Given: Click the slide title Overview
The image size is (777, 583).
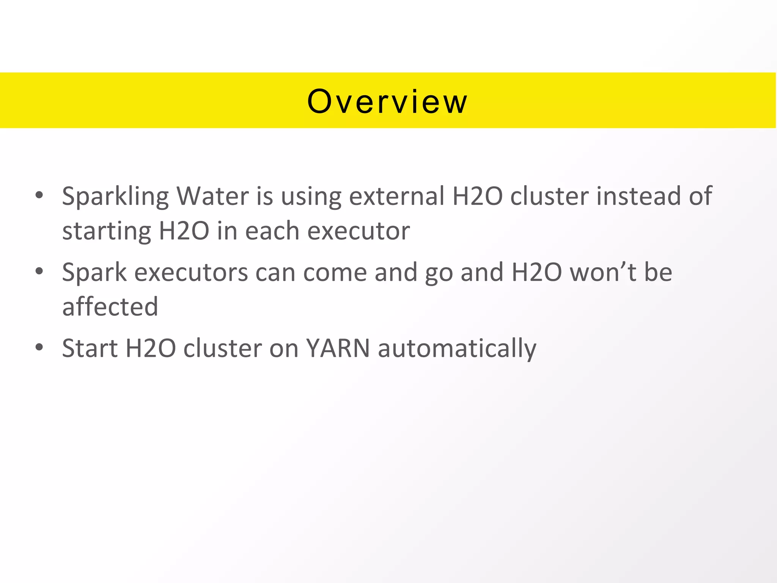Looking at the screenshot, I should (x=387, y=101).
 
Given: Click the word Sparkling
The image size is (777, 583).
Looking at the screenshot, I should (x=115, y=197).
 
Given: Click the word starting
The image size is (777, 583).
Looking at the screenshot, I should (x=107, y=232).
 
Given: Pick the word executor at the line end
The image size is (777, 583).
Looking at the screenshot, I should (x=359, y=231).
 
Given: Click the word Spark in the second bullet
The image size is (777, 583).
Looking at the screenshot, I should (x=94, y=273).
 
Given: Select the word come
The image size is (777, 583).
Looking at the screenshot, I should (x=335, y=273).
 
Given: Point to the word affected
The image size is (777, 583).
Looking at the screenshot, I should (x=110, y=306).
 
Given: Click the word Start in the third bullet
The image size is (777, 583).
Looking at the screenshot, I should (x=90, y=348).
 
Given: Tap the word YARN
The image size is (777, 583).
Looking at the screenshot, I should (x=338, y=348).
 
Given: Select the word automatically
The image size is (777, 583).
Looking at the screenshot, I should (x=457, y=349).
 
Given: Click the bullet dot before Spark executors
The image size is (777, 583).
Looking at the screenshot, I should (x=39, y=271).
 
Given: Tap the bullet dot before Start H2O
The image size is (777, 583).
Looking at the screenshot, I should (x=39, y=347).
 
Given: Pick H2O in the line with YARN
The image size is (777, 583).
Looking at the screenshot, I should (x=151, y=348).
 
